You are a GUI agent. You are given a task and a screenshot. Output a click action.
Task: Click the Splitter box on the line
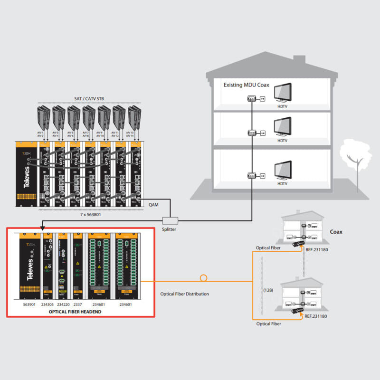(170, 220)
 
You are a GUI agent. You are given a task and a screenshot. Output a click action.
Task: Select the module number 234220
(63, 304)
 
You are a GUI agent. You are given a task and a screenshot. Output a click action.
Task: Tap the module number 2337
(78, 304)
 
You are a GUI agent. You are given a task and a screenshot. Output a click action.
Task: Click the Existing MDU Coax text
(247, 85)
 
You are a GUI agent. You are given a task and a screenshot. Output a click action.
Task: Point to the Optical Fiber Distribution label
(184, 294)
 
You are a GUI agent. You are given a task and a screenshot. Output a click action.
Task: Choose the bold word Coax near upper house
(337, 232)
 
